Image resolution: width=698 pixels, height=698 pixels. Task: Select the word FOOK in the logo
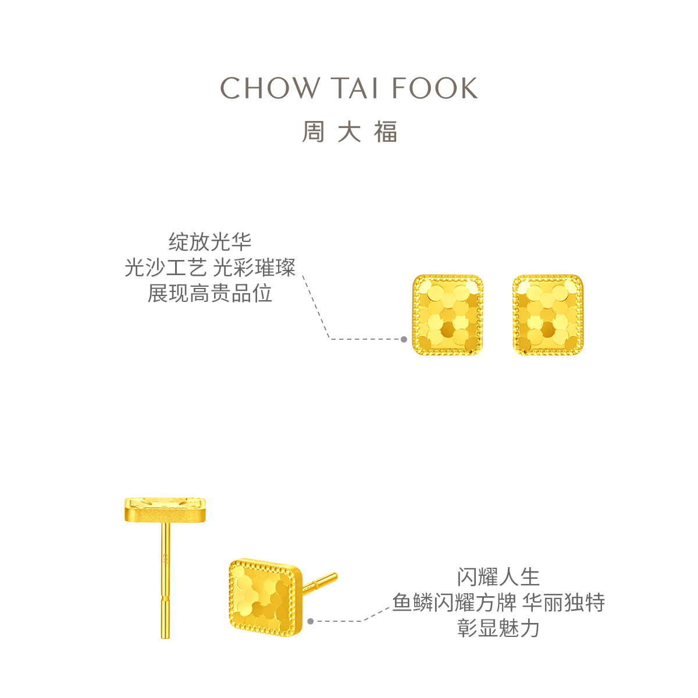(x=435, y=88)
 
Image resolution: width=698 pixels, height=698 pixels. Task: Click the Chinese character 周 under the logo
(x=313, y=132)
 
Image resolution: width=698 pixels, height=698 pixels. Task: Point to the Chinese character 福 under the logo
(x=386, y=132)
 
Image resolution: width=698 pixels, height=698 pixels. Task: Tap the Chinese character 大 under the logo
(x=350, y=132)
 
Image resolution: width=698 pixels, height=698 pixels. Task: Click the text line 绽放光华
(x=210, y=242)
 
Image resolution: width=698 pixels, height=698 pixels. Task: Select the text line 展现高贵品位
(x=210, y=293)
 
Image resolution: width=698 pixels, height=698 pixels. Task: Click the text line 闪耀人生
(x=498, y=577)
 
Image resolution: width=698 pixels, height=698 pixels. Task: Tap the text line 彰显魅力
(x=498, y=628)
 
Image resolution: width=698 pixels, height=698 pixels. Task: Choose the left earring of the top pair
(x=448, y=315)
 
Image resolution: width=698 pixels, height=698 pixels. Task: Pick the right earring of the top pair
(x=548, y=315)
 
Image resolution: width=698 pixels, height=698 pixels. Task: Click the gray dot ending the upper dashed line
(x=404, y=339)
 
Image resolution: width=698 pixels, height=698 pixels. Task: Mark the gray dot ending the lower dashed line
(x=311, y=621)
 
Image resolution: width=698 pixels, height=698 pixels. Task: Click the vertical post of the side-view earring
(x=166, y=582)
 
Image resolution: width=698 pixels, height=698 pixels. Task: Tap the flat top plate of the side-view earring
(x=166, y=510)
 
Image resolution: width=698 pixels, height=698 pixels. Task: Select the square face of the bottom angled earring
(x=265, y=597)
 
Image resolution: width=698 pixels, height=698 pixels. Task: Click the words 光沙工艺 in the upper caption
(x=166, y=268)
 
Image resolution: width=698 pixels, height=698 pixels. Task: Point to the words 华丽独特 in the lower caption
(x=563, y=603)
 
